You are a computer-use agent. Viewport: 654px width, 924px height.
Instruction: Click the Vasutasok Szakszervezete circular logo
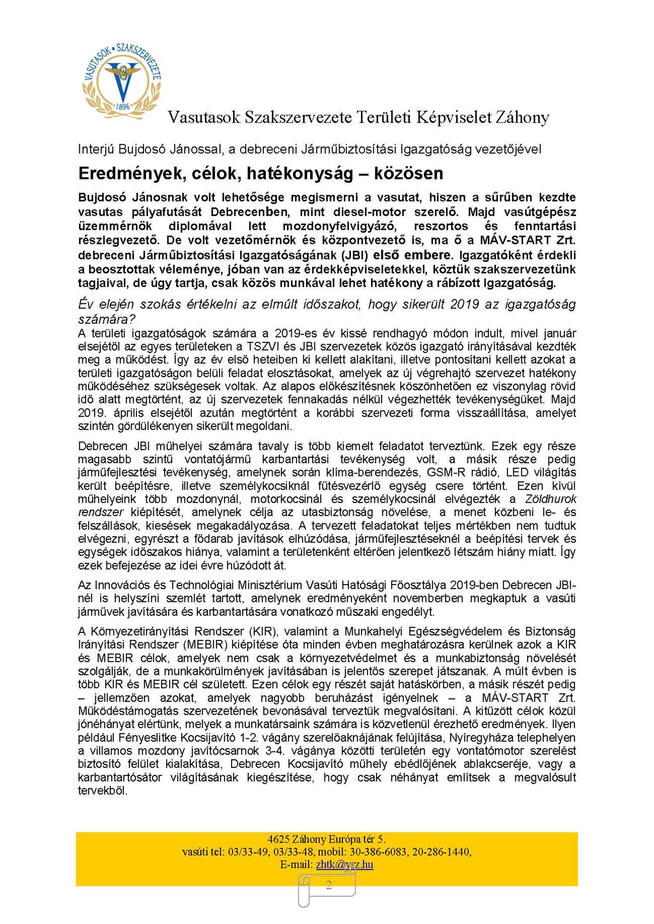[x=122, y=80]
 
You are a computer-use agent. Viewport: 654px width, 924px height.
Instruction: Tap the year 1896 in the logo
[x=123, y=106]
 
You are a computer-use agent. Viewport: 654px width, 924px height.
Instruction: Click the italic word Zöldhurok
[x=550, y=499]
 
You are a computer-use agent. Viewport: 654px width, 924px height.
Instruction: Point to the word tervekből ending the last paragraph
[x=102, y=791]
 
